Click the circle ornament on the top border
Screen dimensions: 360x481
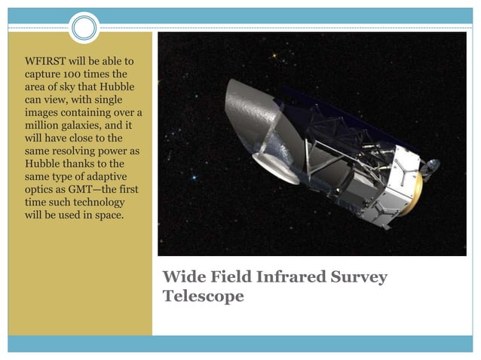click(84, 28)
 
